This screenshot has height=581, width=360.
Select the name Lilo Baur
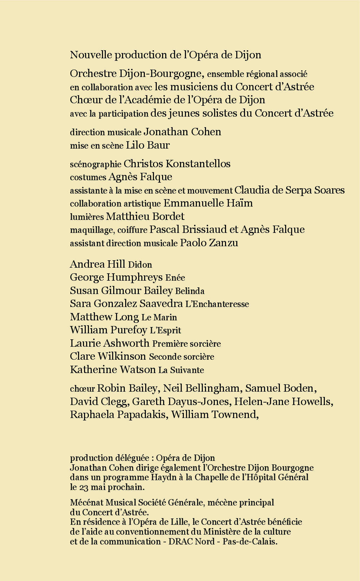148,145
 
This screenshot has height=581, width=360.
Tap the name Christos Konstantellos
177,164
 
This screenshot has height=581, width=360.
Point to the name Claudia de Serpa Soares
289,190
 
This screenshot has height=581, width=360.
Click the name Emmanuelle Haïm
208,203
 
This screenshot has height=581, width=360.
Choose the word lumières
86,217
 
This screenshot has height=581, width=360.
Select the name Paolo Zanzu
209,243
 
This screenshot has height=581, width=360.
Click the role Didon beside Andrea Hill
140,265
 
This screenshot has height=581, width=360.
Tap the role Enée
175,278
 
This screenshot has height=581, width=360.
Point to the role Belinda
189,291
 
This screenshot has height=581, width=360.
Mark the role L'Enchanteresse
217,304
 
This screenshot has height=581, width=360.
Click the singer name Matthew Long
104,317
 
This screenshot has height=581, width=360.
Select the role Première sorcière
186,344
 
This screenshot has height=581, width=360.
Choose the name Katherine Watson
112,370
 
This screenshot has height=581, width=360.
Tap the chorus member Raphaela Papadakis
118,414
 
